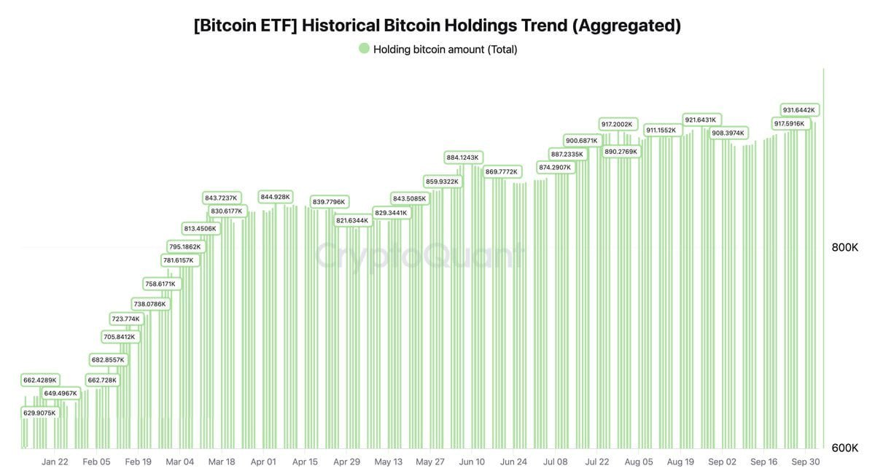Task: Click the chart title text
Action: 437,26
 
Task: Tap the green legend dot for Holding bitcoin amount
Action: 364,49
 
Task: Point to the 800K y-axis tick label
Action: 845,248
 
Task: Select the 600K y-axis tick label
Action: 845,448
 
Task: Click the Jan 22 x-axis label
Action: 55,462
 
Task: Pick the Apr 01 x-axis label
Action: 263,462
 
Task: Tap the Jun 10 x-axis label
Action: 472,462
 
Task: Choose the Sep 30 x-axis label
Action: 805,462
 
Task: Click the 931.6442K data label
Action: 799,110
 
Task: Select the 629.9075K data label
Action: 39,413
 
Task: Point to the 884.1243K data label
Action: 462,157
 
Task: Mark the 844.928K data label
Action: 276,197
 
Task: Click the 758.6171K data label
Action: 160,284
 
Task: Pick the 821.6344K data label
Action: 352,220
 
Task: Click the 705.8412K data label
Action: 119,337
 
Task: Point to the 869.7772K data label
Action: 502,172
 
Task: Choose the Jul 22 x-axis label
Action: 597,462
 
